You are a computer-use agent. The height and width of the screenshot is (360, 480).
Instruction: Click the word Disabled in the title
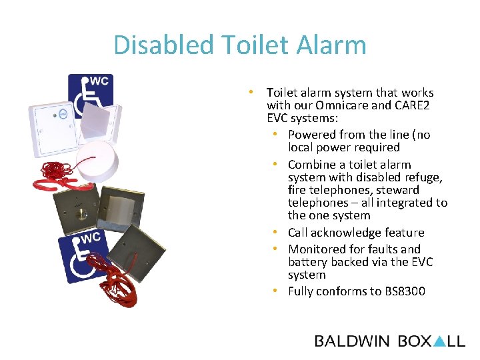(153, 45)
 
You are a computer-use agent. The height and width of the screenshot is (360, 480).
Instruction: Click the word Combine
(312, 165)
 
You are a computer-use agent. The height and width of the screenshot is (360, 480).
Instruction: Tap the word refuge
(425, 177)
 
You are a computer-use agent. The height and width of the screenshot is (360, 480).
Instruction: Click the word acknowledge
(347, 233)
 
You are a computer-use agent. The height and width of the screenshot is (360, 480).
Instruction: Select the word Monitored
(317, 249)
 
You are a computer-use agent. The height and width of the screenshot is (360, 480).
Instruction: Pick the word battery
(307, 262)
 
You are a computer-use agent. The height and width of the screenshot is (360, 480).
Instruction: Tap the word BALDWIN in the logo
(352, 341)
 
